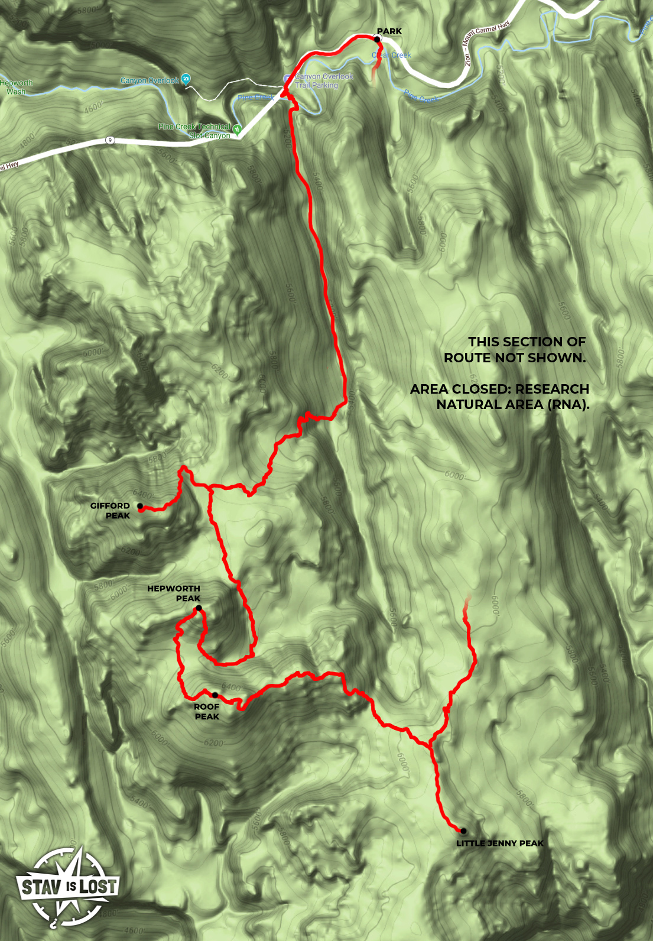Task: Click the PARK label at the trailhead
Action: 389,31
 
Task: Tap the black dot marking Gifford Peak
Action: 140,506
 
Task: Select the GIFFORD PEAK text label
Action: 111,511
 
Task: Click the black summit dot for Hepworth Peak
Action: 199,608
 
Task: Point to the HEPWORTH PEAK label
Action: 174,593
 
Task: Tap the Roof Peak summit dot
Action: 215,695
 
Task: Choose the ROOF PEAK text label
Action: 207,712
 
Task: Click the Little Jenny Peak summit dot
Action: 463,831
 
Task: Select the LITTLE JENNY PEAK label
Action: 500,843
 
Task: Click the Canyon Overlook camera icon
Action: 186,79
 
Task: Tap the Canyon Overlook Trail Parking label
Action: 323,81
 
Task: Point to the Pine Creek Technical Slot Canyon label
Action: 194,131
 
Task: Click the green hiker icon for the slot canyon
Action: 238,129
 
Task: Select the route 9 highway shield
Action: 110,140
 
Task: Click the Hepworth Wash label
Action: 17,87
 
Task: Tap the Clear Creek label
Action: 391,56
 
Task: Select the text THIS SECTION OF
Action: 527,342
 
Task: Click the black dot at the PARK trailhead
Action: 377,39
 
